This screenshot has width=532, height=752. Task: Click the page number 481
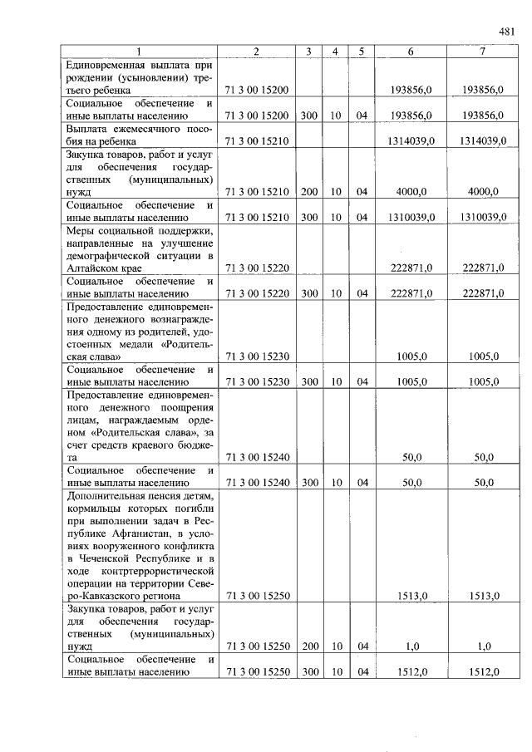point(507,32)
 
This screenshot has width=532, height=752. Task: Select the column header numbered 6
point(411,52)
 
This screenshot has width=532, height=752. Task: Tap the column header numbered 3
point(308,52)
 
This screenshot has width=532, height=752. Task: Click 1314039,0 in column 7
point(481,141)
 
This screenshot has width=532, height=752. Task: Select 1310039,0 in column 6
point(411,218)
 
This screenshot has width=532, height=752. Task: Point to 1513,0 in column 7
point(481,595)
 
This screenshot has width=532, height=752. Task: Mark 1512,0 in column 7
point(481,671)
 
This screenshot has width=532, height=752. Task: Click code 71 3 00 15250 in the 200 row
point(257,646)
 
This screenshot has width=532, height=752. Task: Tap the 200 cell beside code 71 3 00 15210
point(308,192)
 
